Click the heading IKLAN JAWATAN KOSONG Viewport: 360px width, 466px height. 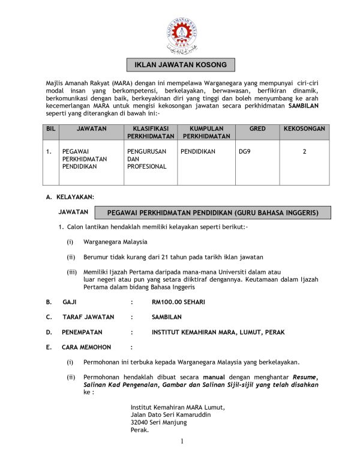tap(180, 65)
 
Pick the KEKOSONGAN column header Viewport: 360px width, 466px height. tap(304, 129)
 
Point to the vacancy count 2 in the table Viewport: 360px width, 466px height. tap(304, 152)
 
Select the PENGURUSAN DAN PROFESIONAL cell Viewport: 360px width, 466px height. tap(147, 159)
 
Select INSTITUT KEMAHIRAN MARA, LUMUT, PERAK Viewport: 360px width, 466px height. tap(218, 332)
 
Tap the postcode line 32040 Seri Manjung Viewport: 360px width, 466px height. tap(158, 422)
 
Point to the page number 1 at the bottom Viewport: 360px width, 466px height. tap(181, 441)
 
